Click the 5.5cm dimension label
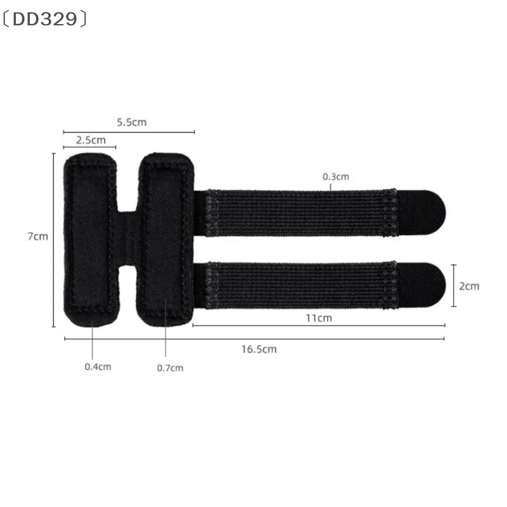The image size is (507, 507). [131, 122]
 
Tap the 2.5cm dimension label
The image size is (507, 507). [91, 139]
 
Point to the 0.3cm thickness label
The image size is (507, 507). [336, 177]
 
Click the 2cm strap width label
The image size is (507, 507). [469, 286]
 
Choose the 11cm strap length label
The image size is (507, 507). [319, 318]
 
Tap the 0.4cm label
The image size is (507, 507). [98, 367]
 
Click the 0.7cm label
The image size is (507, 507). [170, 368]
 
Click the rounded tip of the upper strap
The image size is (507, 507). [425, 212]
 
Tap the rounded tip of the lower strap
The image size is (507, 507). [425, 285]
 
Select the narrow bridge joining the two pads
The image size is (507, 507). [128, 238]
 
